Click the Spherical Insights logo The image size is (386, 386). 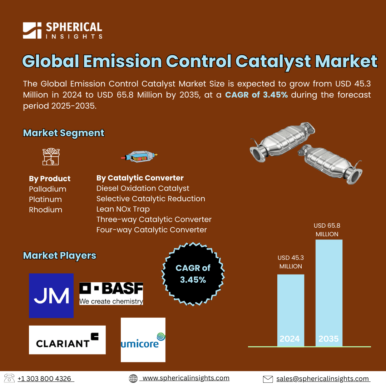(x=63, y=30)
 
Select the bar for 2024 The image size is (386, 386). (x=291, y=311)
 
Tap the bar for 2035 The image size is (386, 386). (x=329, y=293)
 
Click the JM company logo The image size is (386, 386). (x=51, y=296)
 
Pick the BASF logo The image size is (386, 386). (x=111, y=293)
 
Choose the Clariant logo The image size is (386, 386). (x=67, y=340)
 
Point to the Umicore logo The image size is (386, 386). (x=143, y=340)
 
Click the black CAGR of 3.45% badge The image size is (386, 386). (x=193, y=274)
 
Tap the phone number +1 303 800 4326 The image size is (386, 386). (x=44, y=378)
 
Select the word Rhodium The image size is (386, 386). (x=45, y=210)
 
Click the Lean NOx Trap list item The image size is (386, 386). (x=123, y=209)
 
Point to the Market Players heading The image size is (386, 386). (x=60, y=256)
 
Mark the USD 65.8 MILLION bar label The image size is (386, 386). (x=327, y=230)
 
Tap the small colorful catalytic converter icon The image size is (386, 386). (x=139, y=156)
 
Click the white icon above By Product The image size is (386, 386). (x=51, y=157)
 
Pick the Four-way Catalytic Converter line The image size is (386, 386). (x=152, y=230)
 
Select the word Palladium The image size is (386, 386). (x=48, y=189)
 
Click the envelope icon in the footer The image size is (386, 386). (x=268, y=379)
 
